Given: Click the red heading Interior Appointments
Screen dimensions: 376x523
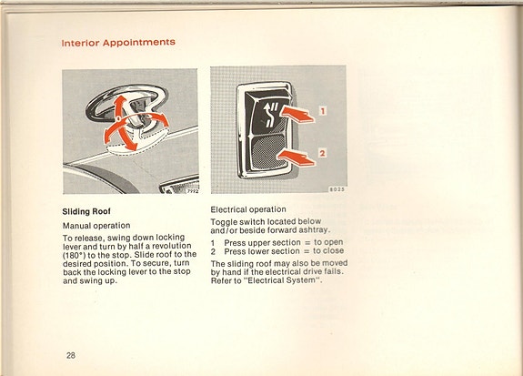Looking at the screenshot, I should (x=118, y=43).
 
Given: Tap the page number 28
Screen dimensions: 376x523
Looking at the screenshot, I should (x=70, y=354).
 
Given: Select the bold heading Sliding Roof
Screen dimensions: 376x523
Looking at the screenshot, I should (x=87, y=212).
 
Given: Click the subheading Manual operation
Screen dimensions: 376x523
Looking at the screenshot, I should (x=96, y=225).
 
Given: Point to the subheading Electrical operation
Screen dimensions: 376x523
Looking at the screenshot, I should (x=248, y=208).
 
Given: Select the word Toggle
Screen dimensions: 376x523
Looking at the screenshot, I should (x=226, y=222).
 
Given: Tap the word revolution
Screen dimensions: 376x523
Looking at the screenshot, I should (x=173, y=246).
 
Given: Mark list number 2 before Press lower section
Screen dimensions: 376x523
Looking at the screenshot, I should (x=213, y=251).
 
